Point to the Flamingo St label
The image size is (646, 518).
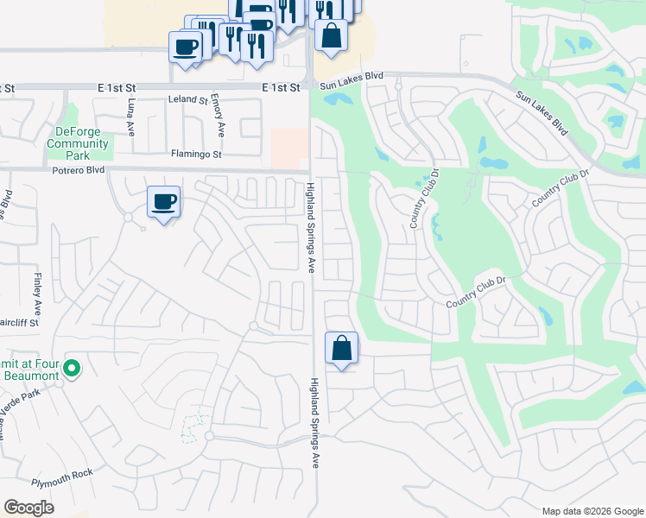tap(197, 155)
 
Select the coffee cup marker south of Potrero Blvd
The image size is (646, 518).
tap(163, 203)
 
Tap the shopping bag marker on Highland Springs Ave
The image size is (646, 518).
tap(342, 349)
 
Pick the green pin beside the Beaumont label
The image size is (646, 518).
tap(73, 370)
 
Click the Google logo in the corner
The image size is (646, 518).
tap(28, 508)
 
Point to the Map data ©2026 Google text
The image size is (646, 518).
tap(592, 511)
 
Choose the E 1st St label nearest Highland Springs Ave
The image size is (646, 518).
tap(281, 87)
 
